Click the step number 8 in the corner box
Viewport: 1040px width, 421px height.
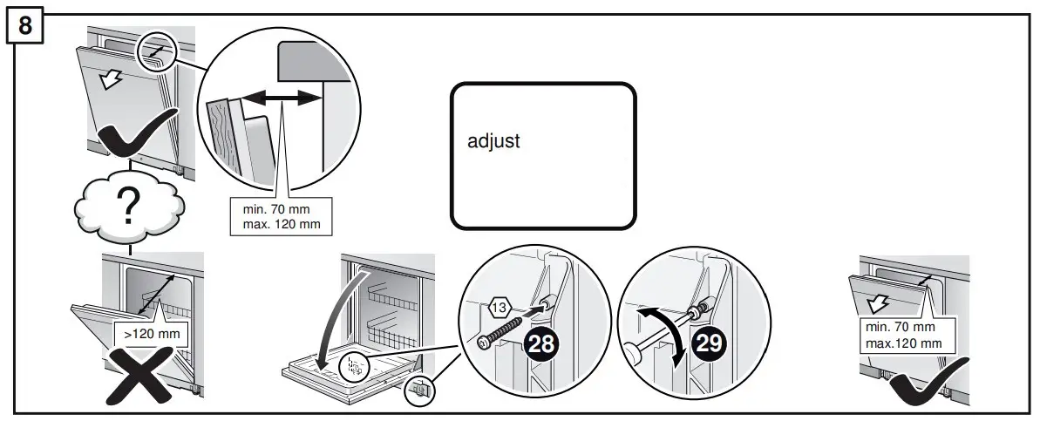tap(25, 25)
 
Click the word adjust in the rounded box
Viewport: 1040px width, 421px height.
tap(493, 141)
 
